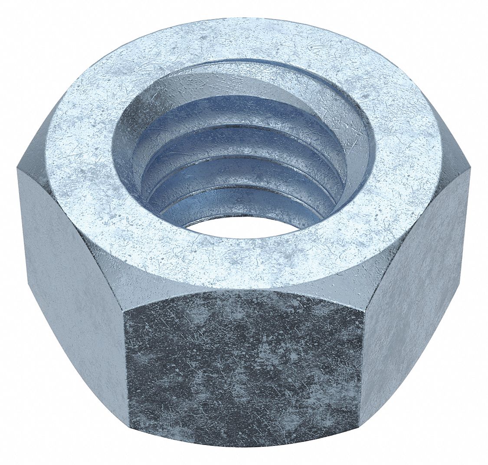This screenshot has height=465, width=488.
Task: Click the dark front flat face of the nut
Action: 243,369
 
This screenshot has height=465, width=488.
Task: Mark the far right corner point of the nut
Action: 470,169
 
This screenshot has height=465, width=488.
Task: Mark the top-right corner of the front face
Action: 364,309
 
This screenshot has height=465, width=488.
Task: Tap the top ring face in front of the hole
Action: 243,261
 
